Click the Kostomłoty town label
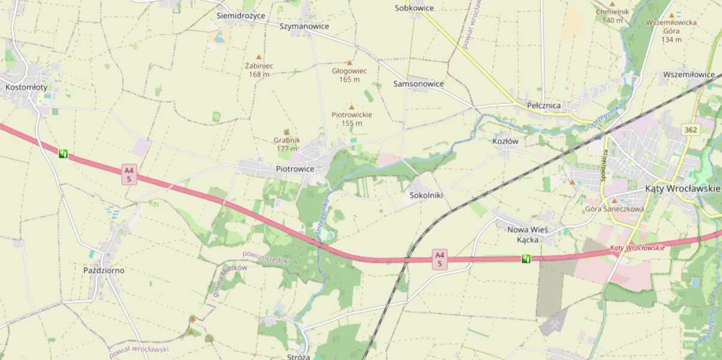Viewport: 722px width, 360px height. point(26,87)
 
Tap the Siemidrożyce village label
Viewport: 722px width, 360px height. point(240,16)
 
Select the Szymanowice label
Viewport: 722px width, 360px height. point(304,26)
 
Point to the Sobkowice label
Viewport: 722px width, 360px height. point(414,8)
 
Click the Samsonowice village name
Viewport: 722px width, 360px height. point(419,83)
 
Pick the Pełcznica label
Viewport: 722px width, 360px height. point(544,106)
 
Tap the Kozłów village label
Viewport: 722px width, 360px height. point(505,142)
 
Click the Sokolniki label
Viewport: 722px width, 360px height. point(426,196)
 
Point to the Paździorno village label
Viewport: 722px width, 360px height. point(104,270)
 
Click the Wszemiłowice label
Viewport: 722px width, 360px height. point(688,75)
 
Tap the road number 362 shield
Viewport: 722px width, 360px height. point(691,130)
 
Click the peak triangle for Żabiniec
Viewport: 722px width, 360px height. point(259,57)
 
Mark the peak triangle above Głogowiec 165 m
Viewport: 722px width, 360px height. point(350,62)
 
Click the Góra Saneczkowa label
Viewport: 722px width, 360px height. point(614,209)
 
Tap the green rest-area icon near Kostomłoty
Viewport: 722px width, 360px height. point(63,154)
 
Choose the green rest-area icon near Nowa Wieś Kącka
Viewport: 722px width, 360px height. point(526,259)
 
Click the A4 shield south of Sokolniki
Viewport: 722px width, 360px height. point(440,259)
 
